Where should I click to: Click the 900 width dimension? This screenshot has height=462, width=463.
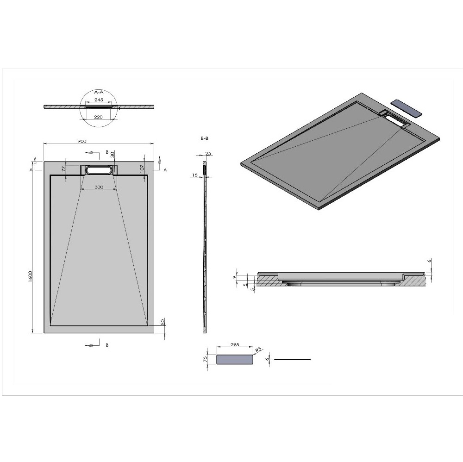[82, 141]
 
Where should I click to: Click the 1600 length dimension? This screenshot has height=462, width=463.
[31, 276]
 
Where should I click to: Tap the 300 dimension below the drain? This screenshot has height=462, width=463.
[99, 187]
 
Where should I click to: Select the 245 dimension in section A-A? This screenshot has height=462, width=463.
[99, 100]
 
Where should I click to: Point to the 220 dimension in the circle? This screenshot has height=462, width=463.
[98, 117]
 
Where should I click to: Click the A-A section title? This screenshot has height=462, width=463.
[99, 92]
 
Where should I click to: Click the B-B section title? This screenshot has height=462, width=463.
[204, 138]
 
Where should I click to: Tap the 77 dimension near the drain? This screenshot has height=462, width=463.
[63, 169]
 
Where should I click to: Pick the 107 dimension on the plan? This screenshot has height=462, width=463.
[142, 169]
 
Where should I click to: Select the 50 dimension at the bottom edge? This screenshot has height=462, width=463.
[162, 321]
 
